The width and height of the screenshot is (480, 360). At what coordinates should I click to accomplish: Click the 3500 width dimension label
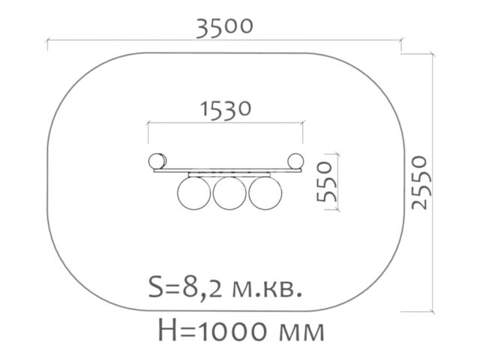[x=224, y=28]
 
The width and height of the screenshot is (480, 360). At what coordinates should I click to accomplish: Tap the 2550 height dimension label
[x=419, y=183]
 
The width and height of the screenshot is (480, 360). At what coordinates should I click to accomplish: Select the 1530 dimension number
[x=226, y=109]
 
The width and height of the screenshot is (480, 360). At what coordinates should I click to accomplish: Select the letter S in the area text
[x=155, y=286]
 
